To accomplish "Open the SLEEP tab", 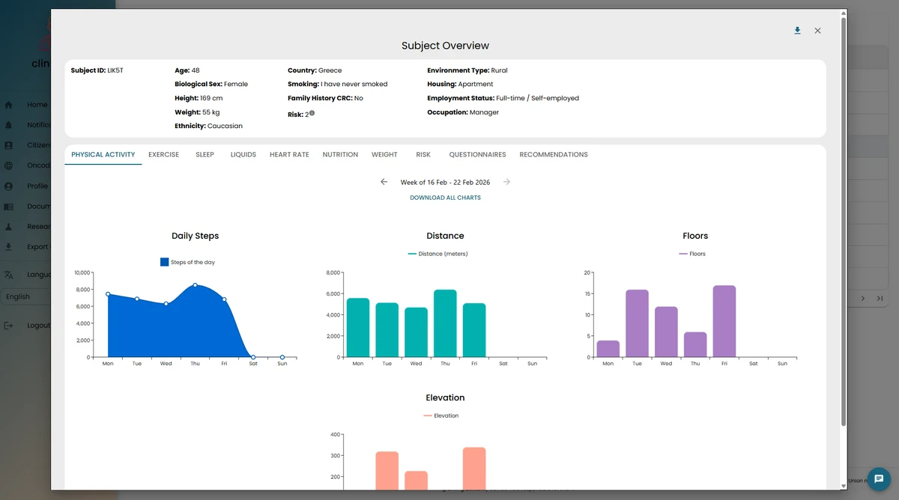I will [x=205, y=155].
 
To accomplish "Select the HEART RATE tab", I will [x=289, y=155].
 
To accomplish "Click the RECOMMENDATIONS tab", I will [x=553, y=155].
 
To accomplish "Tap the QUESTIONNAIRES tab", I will [x=477, y=155].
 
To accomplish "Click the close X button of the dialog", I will [x=817, y=31].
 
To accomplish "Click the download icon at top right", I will [x=797, y=31].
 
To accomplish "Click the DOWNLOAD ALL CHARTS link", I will [x=445, y=198].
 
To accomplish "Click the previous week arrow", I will [x=384, y=182].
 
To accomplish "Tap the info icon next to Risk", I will [x=312, y=114].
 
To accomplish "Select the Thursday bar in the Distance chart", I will [x=445, y=323].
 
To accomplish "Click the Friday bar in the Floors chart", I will [x=724, y=321].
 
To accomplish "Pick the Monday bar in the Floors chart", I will [x=608, y=349].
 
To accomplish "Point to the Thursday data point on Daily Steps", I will [x=195, y=285].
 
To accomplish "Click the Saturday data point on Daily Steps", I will [x=253, y=357].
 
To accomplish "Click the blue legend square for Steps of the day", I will [x=164, y=262].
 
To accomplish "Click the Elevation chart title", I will [x=445, y=397].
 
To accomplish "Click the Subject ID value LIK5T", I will [x=115, y=70].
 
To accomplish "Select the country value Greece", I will [x=330, y=70].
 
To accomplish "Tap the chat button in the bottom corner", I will [x=880, y=478].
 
